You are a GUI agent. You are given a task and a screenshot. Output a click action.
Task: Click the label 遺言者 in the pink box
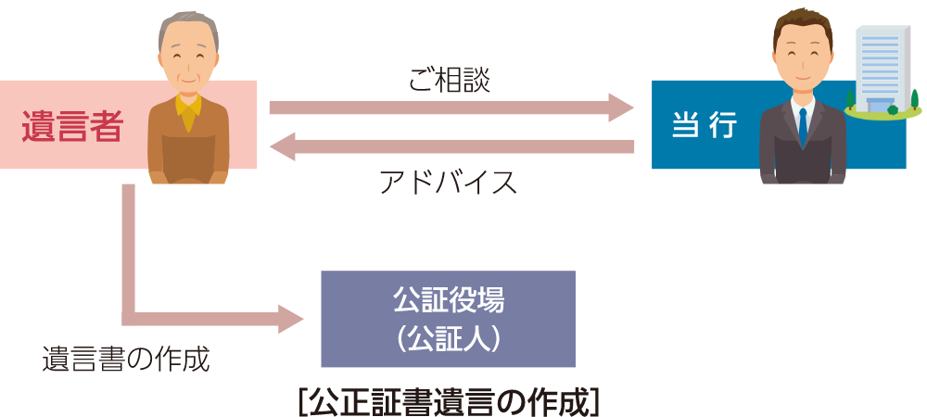[72, 125]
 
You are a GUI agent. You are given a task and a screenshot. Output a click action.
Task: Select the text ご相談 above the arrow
[449, 80]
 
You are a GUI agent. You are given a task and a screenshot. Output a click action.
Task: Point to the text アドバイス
[448, 182]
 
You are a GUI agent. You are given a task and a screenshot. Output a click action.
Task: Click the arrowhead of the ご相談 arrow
[621, 107]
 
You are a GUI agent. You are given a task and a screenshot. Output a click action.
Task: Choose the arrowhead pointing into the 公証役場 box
[291, 319]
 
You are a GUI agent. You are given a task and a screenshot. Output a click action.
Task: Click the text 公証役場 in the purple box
[448, 299]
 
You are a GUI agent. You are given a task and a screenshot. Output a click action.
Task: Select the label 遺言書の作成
[126, 359]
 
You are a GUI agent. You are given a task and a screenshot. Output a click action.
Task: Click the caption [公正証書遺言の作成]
[449, 401]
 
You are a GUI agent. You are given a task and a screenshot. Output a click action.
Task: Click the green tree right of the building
[915, 97]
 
